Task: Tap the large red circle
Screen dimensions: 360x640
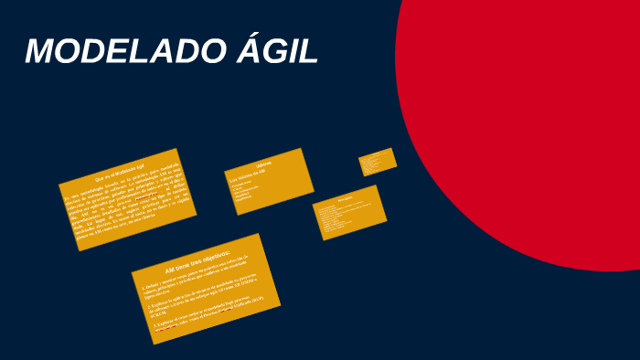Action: (x=539, y=119)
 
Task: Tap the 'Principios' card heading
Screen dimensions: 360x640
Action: (x=345, y=197)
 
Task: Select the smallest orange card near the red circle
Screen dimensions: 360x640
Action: (x=378, y=161)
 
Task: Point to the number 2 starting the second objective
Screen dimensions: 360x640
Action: (x=150, y=305)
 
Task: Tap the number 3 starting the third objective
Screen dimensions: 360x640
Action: (x=155, y=323)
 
